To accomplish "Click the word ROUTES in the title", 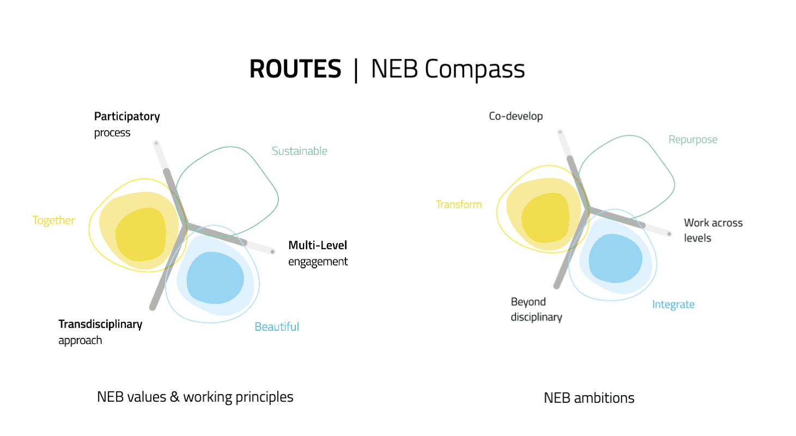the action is (295, 69).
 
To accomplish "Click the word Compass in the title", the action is (475, 70).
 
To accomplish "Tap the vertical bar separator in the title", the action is (356, 70).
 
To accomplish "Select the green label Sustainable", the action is (299, 151).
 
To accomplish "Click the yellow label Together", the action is (53, 220).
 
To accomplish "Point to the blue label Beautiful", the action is (277, 326).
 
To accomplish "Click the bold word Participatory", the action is (127, 117).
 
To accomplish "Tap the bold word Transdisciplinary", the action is (100, 324).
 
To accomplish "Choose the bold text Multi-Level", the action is (318, 245).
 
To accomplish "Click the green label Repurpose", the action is (692, 140).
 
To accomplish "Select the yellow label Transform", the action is (458, 204).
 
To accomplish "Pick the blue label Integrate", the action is (673, 305).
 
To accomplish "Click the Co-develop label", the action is (515, 116).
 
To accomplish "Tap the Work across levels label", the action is (713, 230).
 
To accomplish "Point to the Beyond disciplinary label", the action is (536, 309).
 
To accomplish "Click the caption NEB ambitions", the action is (589, 398).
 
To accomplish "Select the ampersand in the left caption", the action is (174, 397).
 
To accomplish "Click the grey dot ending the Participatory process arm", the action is (156, 143).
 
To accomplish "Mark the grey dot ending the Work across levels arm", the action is (669, 234).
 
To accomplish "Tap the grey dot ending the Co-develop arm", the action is (560, 132).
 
